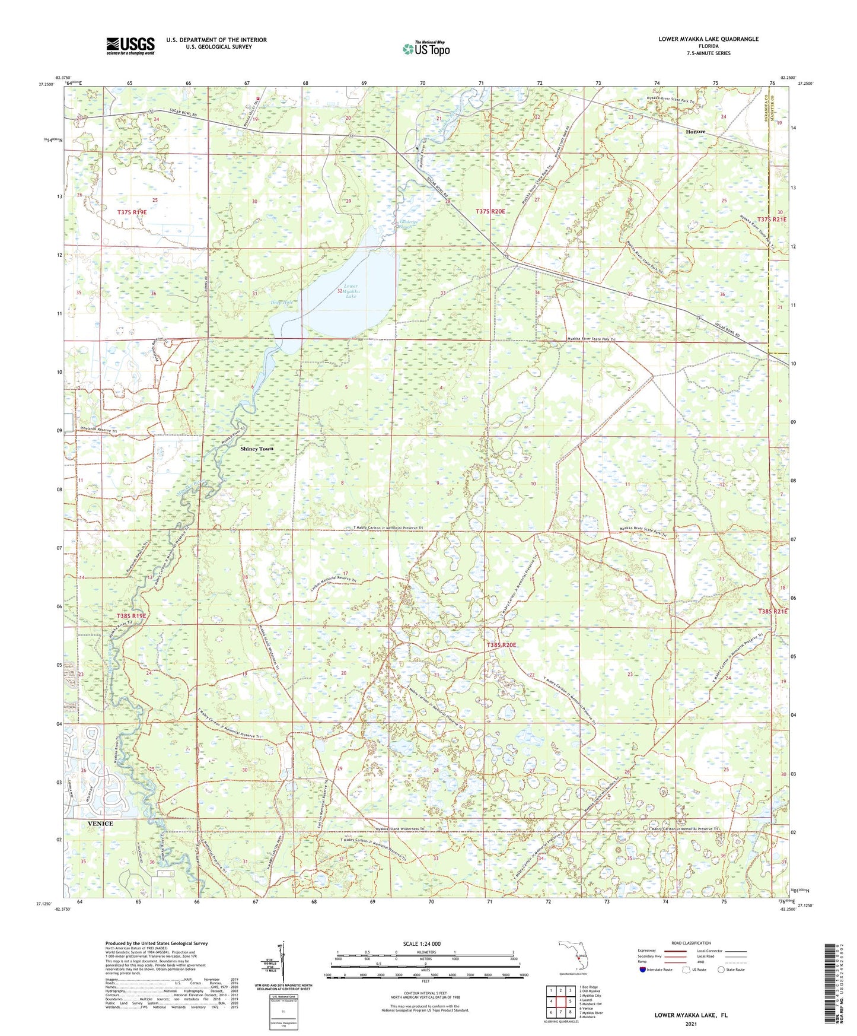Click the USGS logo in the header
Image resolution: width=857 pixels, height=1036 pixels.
(x=130, y=46)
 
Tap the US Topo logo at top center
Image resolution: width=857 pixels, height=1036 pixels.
(x=426, y=49)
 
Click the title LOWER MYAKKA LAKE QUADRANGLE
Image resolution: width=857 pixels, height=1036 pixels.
(x=708, y=39)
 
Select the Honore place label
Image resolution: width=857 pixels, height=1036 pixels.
(x=695, y=132)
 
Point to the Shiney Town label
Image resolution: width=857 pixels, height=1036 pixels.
(x=257, y=449)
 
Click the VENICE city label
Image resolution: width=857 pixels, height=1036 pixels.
(x=100, y=824)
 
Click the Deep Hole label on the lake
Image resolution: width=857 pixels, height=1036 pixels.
(x=282, y=303)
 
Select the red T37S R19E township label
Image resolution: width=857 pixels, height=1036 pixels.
(x=132, y=212)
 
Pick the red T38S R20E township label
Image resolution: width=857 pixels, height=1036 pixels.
(x=501, y=645)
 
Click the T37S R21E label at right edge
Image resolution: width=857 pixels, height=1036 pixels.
(x=772, y=220)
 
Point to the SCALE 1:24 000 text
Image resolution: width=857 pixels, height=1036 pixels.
(x=422, y=944)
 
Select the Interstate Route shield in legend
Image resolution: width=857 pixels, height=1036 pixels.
(x=643, y=970)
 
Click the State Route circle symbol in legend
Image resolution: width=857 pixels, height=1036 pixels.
(x=721, y=970)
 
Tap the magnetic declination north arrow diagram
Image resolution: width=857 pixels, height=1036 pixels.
(x=282, y=962)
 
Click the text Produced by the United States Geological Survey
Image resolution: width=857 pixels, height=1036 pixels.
(x=157, y=943)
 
